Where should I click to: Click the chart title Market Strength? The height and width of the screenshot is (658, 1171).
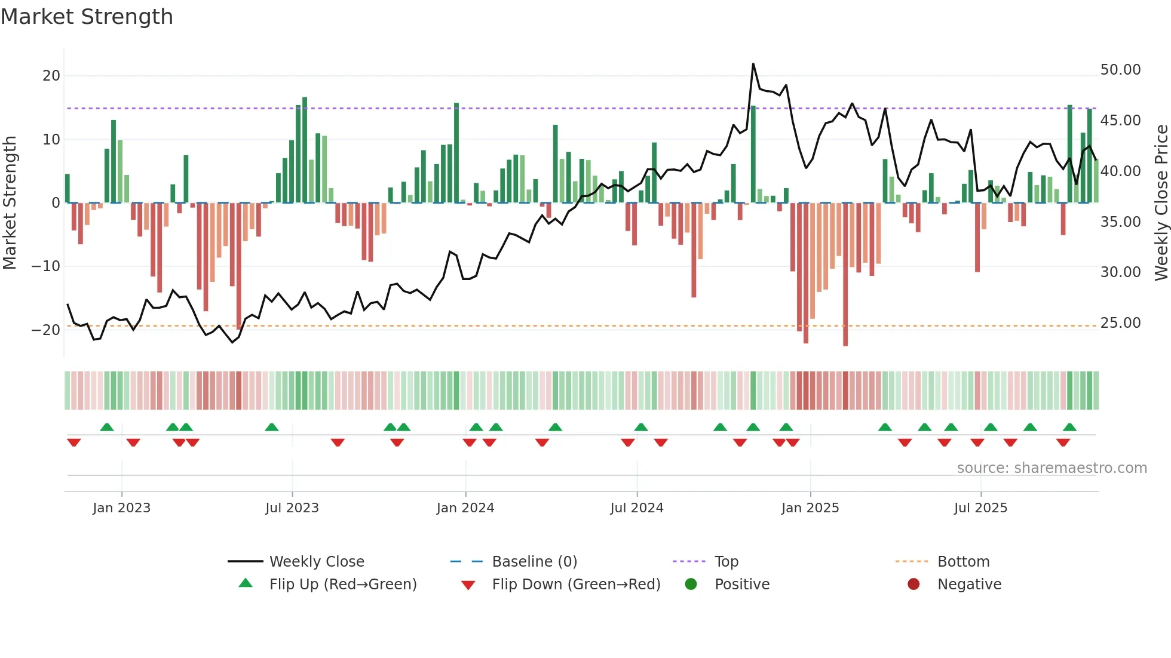point(87,17)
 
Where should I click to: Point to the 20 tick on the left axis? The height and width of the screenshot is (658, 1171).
point(51,76)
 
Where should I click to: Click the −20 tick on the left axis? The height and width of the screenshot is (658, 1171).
point(47,330)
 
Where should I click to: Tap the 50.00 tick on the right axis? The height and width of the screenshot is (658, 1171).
point(1120,70)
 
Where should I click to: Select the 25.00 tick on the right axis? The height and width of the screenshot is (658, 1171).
point(1120,323)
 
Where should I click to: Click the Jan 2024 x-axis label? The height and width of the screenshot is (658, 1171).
point(465,508)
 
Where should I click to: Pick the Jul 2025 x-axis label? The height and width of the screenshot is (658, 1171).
point(980,508)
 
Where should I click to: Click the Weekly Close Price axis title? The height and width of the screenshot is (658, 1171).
point(1161,203)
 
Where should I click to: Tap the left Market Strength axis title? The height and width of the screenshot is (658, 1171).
point(10,203)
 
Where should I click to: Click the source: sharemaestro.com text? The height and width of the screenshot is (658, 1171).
point(1052,468)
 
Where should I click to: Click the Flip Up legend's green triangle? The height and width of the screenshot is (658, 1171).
point(246,583)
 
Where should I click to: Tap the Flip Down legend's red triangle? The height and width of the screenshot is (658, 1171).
point(468,585)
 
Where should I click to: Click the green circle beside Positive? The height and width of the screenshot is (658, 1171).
point(691,584)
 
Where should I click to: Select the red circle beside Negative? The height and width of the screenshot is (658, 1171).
point(913,584)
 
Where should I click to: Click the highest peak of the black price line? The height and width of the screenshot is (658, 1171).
point(753,64)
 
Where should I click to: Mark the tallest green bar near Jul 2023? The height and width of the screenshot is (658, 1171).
point(305,149)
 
